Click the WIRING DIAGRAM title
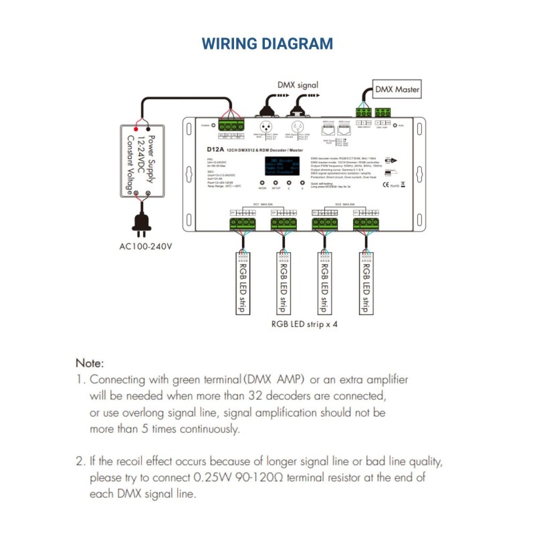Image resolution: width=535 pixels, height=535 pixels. [267, 44]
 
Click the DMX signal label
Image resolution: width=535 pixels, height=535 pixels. [298, 85]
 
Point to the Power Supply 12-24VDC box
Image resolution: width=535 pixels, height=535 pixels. [141, 160]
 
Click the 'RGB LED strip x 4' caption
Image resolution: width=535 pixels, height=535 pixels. [304, 324]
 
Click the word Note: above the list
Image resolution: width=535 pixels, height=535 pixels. [90, 363]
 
